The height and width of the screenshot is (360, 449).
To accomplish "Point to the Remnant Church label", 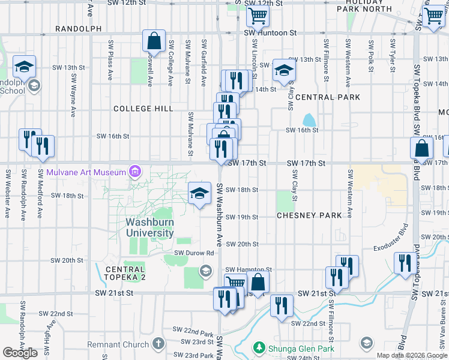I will click(118, 344).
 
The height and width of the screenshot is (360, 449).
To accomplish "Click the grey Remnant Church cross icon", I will click(158, 344).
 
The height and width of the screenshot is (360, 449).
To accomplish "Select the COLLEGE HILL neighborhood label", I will click(143, 109).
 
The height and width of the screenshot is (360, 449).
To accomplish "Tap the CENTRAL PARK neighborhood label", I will click(327, 97).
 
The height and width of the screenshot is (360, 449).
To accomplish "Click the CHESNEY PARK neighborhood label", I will click(309, 215).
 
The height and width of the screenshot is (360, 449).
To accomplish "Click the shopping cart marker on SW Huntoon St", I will click(258, 15).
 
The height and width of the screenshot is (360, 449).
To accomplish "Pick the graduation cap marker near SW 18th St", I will click(199, 193).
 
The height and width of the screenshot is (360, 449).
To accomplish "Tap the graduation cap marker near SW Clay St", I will click(283, 70).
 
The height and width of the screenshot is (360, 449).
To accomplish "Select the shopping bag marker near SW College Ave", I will click(154, 41).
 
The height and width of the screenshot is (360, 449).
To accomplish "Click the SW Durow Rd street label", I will click(194, 253).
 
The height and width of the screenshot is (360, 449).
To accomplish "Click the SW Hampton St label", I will click(249, 270).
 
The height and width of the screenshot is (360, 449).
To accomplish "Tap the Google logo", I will click(20, 352).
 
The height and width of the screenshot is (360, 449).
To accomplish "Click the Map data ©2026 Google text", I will click(412, 355).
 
